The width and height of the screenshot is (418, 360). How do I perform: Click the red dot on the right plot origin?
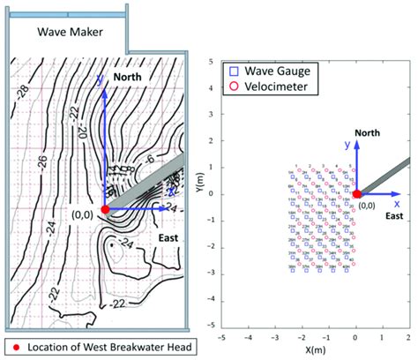(x=356, y=194)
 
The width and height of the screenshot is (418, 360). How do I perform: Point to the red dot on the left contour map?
(x=105, y=208)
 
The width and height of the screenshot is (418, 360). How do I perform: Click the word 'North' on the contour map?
(x=134, y=78)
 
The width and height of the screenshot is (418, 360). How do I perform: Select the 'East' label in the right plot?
(x=394, y=215)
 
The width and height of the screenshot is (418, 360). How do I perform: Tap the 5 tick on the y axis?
(x=213, y=63)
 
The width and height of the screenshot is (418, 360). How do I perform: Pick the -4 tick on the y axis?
(x=211, y=301)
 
